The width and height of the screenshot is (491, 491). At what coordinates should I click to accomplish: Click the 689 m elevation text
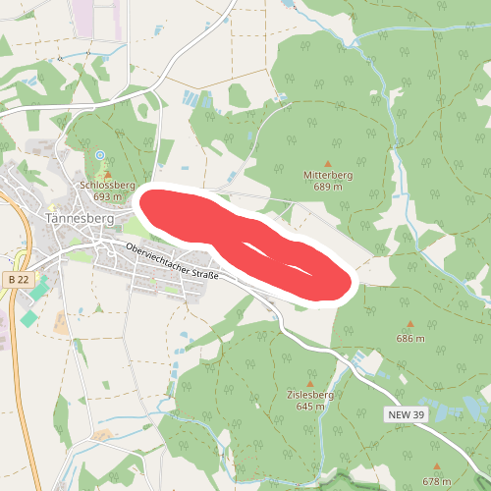(x=328, y=186)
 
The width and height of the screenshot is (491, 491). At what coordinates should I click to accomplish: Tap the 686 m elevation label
(x=410, y=338)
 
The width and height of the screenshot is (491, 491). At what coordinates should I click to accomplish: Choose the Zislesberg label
(x=310, y=395)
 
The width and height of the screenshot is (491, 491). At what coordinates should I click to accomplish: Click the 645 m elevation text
(x=310, y=406)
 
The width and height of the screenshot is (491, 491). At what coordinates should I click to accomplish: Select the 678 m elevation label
(x=437, y=481)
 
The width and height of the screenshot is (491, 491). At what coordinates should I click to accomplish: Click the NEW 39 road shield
(x=405, y=416)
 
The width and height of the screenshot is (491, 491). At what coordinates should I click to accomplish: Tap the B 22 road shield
(x=16, y=280)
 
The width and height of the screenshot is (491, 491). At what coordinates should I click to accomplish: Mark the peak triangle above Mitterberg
(x=328, y=164)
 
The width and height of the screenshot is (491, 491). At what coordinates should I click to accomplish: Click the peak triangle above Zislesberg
(x=310, y=384)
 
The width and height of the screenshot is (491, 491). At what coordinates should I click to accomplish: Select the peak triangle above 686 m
(x=410, y=325)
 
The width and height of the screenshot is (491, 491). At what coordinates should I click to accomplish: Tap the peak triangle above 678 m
(x=437, y=467)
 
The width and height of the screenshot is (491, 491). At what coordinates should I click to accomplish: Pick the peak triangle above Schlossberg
(x=108, y=175)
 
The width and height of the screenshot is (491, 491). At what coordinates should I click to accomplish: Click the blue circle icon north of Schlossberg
(x=99, y=155)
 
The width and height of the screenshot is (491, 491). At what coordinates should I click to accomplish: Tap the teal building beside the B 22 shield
(x=37, y=292)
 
